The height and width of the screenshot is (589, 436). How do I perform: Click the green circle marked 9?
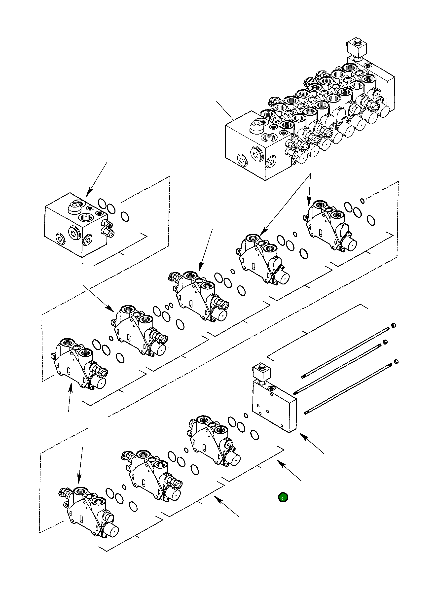(283, 497)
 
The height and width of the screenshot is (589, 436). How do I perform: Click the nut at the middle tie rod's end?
(385, 342)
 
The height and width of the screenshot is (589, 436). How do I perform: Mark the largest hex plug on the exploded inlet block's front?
(73, 233)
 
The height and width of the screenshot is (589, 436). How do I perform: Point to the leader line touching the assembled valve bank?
(224, 110)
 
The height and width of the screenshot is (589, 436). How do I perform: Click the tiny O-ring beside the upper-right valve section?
(362, 201)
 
